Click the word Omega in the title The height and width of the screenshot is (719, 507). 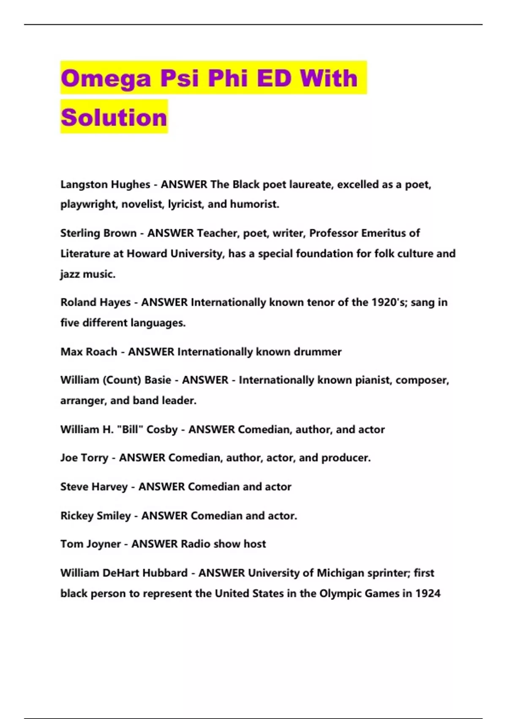tap(106, 78)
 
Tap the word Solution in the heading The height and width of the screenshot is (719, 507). tap(114, 117)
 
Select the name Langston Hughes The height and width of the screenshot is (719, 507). tap(105, 184)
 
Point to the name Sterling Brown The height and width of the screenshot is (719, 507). tap(98, 233)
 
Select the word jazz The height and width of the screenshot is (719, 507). tap(69, 274)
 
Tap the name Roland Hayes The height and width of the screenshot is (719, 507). tap(95, 302)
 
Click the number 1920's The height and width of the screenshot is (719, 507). tap(389, 302)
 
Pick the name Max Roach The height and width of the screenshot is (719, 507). tap(89, 352)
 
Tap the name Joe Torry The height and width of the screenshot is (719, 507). tap(84, 458)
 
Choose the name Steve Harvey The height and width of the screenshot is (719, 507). tap(94, 487)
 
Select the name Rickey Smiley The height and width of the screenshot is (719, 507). tap(95, 516)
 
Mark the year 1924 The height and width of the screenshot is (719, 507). tap(428, 593)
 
